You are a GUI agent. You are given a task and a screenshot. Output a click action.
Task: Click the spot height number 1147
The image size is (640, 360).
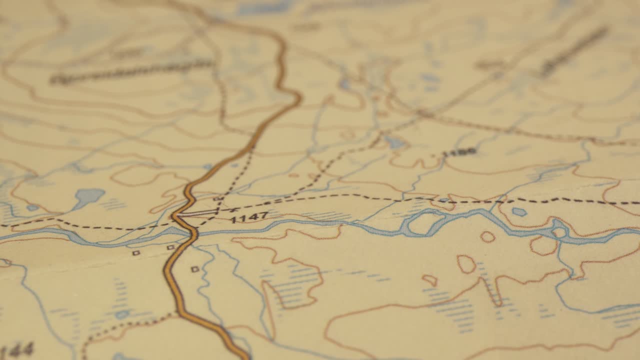coord(249,217)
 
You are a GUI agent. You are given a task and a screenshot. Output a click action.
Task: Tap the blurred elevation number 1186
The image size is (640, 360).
coord(459,151)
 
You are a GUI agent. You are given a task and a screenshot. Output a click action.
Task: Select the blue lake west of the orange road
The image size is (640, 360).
coord(88,196)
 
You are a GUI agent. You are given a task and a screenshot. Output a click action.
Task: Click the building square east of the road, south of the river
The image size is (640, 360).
coord(195,269)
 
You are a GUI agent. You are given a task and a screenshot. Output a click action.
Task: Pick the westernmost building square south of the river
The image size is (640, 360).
coord(135,253)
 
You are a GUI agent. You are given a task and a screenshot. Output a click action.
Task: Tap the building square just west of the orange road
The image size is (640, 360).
coord(170,247)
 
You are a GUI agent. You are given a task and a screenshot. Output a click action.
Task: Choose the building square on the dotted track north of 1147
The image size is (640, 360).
coord(217,199)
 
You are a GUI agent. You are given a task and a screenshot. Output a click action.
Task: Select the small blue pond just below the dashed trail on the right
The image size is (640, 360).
coord(519,212)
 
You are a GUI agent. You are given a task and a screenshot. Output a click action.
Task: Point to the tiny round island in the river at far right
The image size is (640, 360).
coord(559,232)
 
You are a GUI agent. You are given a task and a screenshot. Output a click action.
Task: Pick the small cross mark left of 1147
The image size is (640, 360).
coord(231,210)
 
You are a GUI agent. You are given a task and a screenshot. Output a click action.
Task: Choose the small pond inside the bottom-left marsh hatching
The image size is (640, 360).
coord(122,314)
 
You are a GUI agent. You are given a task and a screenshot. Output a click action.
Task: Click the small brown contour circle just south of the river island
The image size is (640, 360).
coord(487,237)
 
